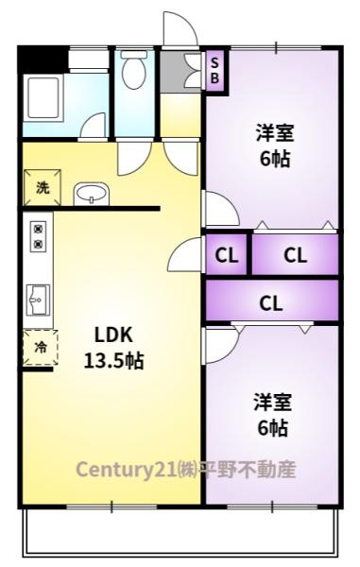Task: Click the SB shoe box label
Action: tap(214, 71)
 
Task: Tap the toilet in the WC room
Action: tap(134, 69)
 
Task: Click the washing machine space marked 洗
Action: tap(42, 188)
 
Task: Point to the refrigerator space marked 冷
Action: tap(40, 348)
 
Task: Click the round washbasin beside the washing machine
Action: tap(91, 194)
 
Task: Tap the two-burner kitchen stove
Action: tap(38, 236)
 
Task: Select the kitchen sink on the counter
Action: tap(38, 300)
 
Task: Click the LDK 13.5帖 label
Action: tap(113, 348)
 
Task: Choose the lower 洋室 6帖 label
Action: tap(272, 415)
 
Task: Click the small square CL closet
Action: tap(226, 254)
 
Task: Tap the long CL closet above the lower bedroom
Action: tap(272, 301)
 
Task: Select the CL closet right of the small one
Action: tap(295, 254)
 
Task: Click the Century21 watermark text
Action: tap(186, 470)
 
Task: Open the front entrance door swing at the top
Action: tap(180, 29)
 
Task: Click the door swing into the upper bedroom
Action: tap(221, 208)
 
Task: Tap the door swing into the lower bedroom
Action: tap(221, 345)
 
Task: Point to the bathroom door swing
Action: tap(94, 125)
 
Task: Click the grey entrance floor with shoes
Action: tap(180, 72)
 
